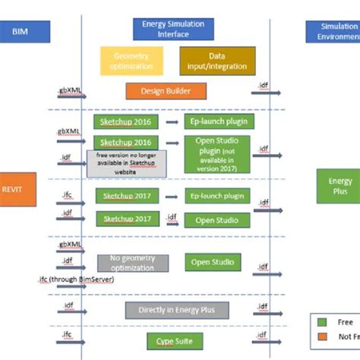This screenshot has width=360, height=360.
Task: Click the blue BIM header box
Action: (x=21, y=32)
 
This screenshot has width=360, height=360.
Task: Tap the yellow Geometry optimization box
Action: (x=131, y=62)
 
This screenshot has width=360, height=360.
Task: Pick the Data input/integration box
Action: (x=217, y=62)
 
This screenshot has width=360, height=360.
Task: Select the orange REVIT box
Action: (x=17, y=188)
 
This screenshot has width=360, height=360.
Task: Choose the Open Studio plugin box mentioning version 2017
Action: (x=213, y=155)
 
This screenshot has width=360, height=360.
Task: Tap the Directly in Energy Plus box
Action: (x=177, y=309)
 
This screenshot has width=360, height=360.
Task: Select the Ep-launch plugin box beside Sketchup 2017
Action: (x=213, y=196)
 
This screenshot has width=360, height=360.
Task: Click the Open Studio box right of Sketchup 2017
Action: (x=213, y=219)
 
